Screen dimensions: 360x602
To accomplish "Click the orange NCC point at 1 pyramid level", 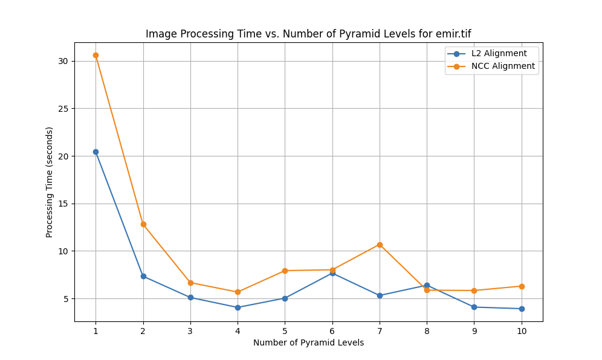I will (x=95, y=55).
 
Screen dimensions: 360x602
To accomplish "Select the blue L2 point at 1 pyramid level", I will (x=95, y=152).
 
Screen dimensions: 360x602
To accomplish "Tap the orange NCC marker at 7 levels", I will (x=380, y=245).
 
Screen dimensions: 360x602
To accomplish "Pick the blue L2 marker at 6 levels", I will (x=332, y=273).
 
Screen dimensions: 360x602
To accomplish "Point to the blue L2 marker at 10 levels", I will (x=522, y=309).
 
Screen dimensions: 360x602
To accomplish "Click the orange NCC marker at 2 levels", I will (x=143, y=224).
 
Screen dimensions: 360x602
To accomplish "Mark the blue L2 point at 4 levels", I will (x=238, y=307).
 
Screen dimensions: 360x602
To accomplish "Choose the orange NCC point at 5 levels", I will (x=285, y=271).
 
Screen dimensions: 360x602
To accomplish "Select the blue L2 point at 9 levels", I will (x=474, y=307).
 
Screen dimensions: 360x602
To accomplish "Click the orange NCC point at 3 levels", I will (x=190, y=283).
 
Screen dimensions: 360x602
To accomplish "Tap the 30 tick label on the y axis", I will (x=63, y=61).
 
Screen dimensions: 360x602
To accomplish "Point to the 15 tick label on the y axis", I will (x=63, y=204).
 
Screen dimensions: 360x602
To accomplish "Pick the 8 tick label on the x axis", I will (x=427, y=331).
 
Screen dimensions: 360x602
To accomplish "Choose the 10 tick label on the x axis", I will (x=522, y=331).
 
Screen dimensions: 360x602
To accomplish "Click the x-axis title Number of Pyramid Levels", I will (x=308, y=342).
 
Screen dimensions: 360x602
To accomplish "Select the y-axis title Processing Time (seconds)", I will (x=50, y=182).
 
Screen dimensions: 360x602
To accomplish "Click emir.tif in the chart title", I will (x=449, y=34).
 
